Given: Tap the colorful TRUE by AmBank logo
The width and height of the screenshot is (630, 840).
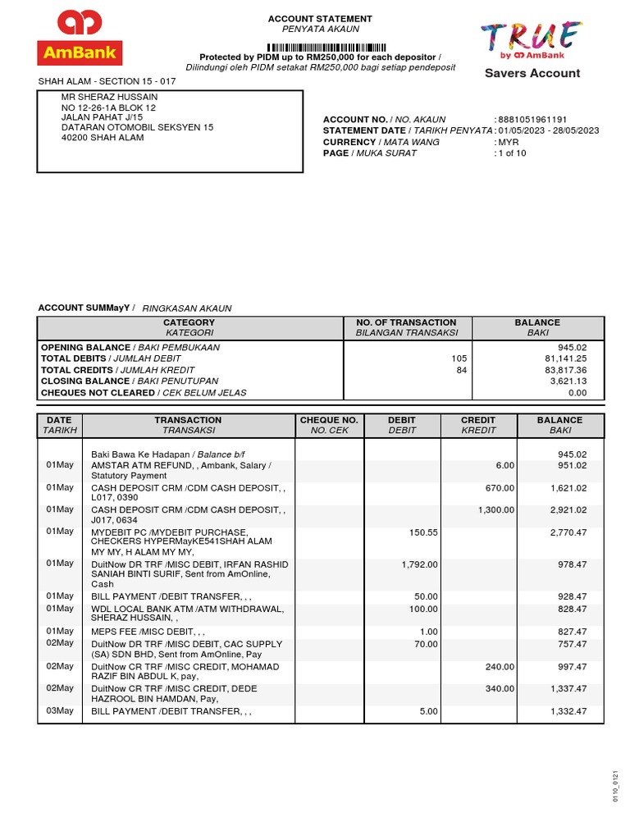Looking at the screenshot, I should coord(531,39).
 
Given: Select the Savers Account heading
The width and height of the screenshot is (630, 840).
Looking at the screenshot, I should coord(532,73).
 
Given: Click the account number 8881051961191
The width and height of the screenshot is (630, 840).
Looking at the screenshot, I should coord(532,120).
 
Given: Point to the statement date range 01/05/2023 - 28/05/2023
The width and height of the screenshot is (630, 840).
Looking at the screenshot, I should coord(549,131).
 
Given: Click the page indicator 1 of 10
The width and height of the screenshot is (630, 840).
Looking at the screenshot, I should coord(512,153).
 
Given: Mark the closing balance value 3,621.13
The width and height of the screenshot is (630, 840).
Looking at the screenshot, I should coord(568,381).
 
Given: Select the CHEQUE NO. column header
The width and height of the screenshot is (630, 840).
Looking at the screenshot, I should coord(329,420).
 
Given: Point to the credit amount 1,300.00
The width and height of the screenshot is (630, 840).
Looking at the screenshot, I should coord(495,509).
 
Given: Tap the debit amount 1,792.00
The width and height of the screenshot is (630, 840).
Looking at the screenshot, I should coord(420,564).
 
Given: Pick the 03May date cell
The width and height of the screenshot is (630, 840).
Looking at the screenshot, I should coord(60,710).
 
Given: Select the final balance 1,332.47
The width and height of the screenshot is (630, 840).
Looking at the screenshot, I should coord(568,711).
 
